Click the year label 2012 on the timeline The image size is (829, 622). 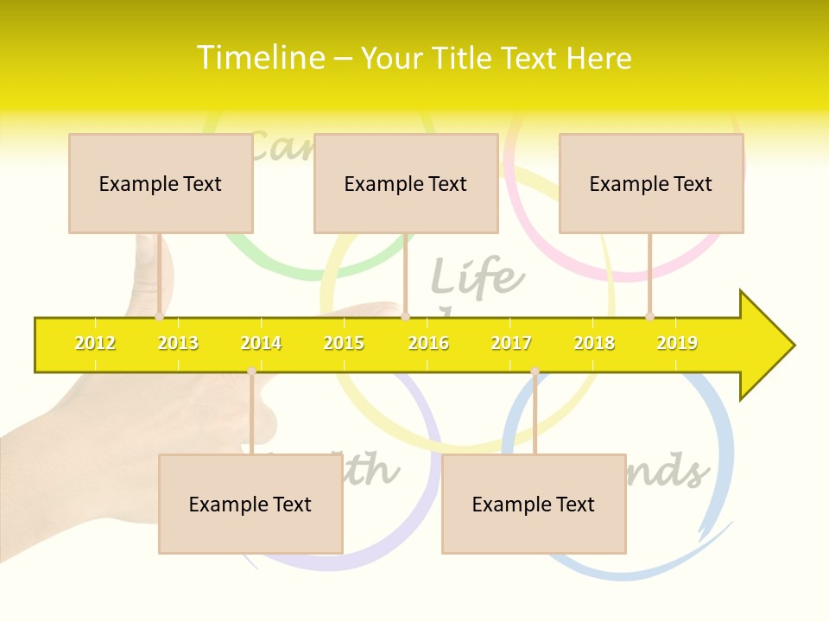(95, 343)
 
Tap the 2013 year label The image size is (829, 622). (178, 343)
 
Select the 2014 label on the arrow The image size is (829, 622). (261, 343)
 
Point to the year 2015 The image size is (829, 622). (344, 343)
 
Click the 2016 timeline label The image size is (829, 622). (428, 343)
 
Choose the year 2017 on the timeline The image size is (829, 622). (511, 343)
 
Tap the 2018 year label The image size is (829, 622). (594, 343)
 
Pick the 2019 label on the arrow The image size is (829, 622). (677, 343)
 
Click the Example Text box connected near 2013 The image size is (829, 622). (161, 183)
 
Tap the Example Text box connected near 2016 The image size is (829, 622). (406, 183)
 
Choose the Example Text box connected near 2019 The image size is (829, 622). (651, 183)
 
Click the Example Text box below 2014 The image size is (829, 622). (250, 504)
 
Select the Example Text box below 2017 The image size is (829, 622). (534, 504)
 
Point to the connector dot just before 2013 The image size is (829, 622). (159, 316)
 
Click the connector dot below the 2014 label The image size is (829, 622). (251, 371)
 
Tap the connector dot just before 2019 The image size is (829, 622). (649, 316)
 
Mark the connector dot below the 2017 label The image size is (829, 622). (535, 371)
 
